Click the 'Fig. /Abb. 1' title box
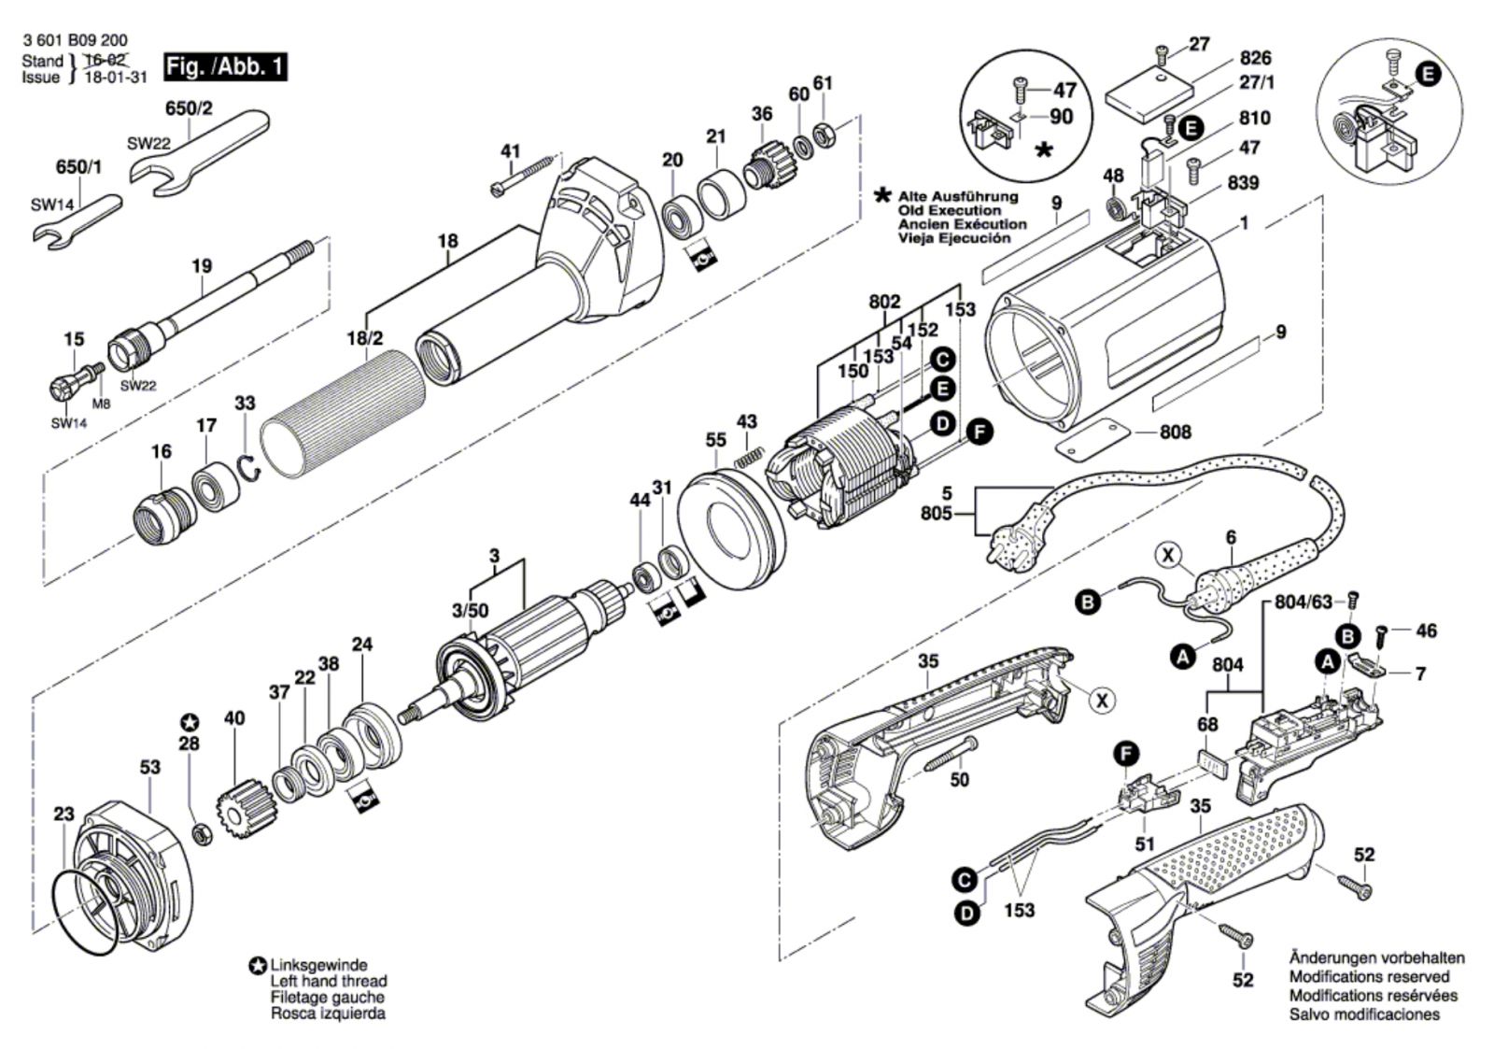224,67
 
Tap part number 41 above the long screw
510,151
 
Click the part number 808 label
1175,432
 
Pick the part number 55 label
716,439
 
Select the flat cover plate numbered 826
1151,96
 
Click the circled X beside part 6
1167,555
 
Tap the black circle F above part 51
1128,752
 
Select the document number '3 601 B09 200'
75,41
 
